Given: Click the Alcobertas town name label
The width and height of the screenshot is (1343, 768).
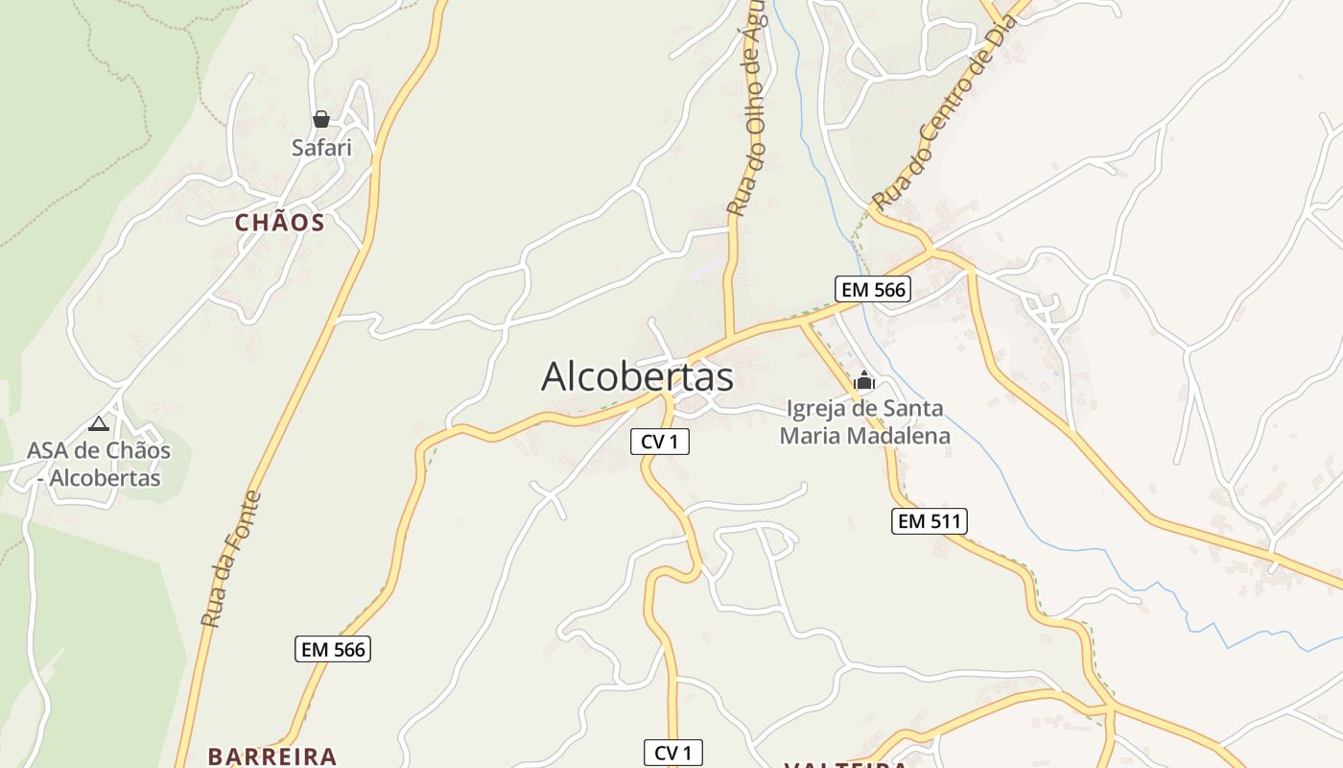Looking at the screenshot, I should point(638,376).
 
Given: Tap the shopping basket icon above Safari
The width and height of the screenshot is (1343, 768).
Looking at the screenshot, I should point(321,119).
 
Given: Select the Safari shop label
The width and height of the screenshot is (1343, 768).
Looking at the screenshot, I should point(321,148).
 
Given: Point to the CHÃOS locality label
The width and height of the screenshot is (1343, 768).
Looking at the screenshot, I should point(280,223).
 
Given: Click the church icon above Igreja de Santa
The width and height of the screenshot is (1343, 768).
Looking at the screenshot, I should point(864,380).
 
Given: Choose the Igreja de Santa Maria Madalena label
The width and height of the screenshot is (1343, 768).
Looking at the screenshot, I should point(864,422).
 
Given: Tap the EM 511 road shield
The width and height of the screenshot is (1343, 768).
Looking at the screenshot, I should point(929,521).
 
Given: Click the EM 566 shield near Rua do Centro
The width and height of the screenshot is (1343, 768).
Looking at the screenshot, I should point(872,289).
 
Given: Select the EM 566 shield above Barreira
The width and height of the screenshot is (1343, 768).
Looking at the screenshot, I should point(333,649).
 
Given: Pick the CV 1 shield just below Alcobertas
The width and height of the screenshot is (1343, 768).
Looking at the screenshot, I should point(660,442).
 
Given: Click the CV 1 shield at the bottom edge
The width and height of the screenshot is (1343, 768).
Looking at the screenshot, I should point(672,753).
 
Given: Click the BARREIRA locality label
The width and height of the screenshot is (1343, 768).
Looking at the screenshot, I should point(272,756).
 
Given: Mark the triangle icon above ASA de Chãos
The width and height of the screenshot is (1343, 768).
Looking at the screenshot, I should point(99,423).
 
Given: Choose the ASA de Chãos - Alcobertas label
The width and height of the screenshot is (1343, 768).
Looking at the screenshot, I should point(99,464).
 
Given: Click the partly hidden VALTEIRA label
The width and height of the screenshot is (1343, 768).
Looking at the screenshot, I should point(845,764).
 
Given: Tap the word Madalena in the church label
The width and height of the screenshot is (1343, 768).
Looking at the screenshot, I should point(902,436).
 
